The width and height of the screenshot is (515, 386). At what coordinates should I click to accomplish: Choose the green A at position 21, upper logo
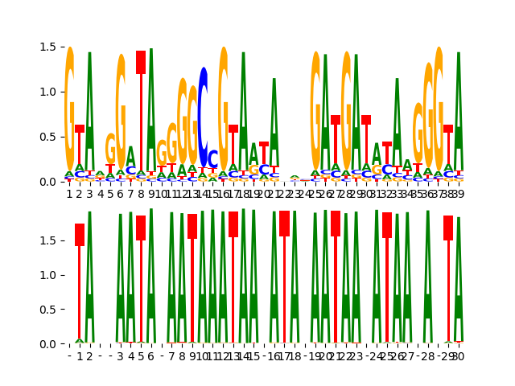click(x=274, y=121)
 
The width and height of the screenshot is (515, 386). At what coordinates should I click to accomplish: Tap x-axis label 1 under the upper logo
click(x=69, y=193)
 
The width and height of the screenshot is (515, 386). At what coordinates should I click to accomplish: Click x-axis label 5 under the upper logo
click(x=110, y=193)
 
